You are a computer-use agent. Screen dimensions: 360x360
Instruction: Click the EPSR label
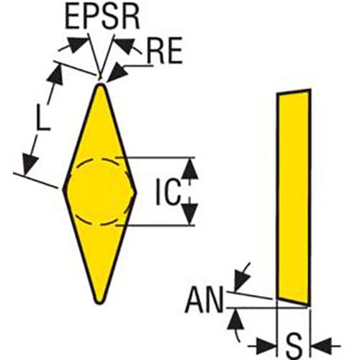(102, 19)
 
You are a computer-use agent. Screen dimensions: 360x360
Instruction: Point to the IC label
(168, 192)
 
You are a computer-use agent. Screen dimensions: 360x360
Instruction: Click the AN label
(204, 300)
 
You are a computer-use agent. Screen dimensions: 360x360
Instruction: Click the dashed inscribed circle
(99, 160)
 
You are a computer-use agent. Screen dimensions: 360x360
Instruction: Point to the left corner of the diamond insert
(63, 189)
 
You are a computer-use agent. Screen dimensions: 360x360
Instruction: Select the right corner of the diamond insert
(136, 192)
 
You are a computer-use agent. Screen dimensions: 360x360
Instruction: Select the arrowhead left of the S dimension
(266, 346)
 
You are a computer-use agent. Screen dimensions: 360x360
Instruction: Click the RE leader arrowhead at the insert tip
(116, 73)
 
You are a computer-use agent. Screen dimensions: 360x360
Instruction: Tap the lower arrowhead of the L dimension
(30, 164)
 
